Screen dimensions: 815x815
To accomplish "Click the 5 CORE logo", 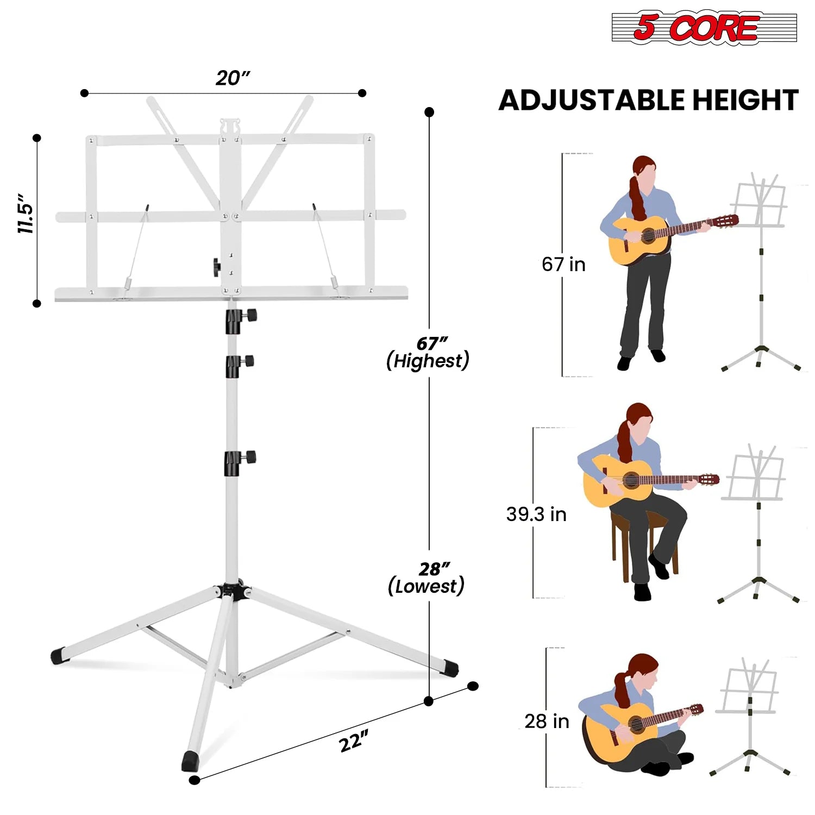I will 704,27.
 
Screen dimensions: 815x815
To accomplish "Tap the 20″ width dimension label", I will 233,78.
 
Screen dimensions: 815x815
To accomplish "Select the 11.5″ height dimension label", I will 26,213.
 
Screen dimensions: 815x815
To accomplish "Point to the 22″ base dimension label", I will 354,741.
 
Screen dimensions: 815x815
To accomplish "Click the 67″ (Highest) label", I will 428,353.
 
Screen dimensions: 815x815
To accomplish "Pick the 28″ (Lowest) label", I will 427,578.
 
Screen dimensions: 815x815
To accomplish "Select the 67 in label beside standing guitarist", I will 563,265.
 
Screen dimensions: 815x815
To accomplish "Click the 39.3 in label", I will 536,514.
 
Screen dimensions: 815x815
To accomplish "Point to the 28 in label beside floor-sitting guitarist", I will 547,721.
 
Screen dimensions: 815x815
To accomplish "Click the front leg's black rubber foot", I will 191,761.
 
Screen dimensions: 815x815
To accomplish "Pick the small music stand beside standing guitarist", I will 761,272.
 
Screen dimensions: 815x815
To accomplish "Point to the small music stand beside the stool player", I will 757,522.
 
